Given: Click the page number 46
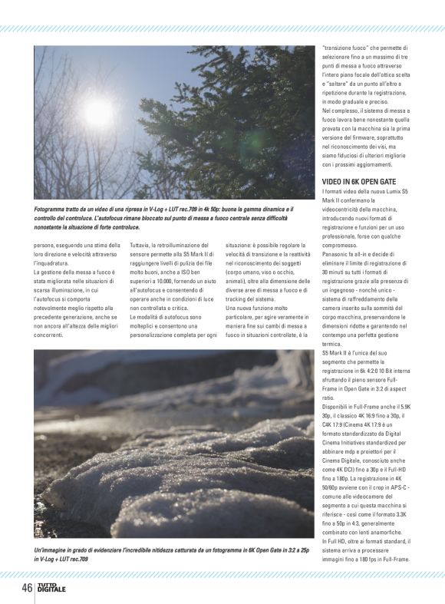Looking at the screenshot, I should (x=26, y=589).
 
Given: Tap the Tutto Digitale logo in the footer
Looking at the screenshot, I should (x=53, y=589).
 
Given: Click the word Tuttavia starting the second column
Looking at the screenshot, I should (x=143, y=245).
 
